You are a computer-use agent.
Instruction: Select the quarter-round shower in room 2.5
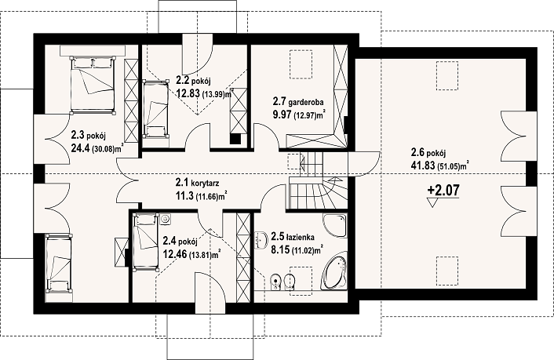(334, 226)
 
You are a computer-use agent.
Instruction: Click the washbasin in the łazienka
(260, 240)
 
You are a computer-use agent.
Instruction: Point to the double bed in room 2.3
(93, 85)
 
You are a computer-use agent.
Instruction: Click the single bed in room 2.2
(155, 108)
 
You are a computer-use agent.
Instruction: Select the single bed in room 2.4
(145, 242)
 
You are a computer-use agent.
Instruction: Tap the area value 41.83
(423, 165)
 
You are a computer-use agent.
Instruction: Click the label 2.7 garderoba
(298, 102)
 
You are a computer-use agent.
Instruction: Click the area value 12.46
(175, 253)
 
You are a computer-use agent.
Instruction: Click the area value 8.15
(280, 249)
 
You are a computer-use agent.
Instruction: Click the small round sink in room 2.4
(166, 219)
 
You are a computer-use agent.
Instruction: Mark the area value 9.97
(282, 115)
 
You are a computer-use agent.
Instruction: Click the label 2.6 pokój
(428, 153)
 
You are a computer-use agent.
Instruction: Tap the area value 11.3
(184, 196)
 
